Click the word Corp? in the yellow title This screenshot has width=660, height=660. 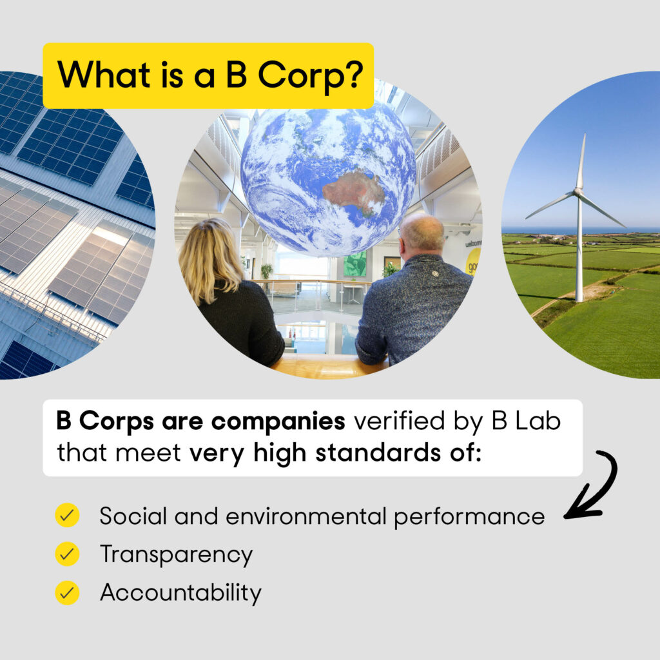[x=310, y=76]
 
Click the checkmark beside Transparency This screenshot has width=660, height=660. [x=67, y=554]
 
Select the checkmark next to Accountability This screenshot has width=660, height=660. [x=67, y=593]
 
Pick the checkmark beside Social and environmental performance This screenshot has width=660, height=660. [x=67, y=515]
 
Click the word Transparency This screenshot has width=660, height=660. [x=177, y=555]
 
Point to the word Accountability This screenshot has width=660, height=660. [x=180, y=593]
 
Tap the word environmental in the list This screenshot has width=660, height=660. [x=306, y=516]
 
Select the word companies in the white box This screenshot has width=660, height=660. [x=278, y=422]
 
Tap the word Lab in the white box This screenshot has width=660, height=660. [x=538, y=421]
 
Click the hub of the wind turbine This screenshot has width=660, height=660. [x=578, y=192]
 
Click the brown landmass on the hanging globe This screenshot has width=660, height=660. [x=354, y=192]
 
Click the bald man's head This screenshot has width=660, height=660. [x=422, y=233]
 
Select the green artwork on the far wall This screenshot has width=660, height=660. [x=355, y=264]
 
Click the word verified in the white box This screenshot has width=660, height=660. [x=399, y=421]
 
